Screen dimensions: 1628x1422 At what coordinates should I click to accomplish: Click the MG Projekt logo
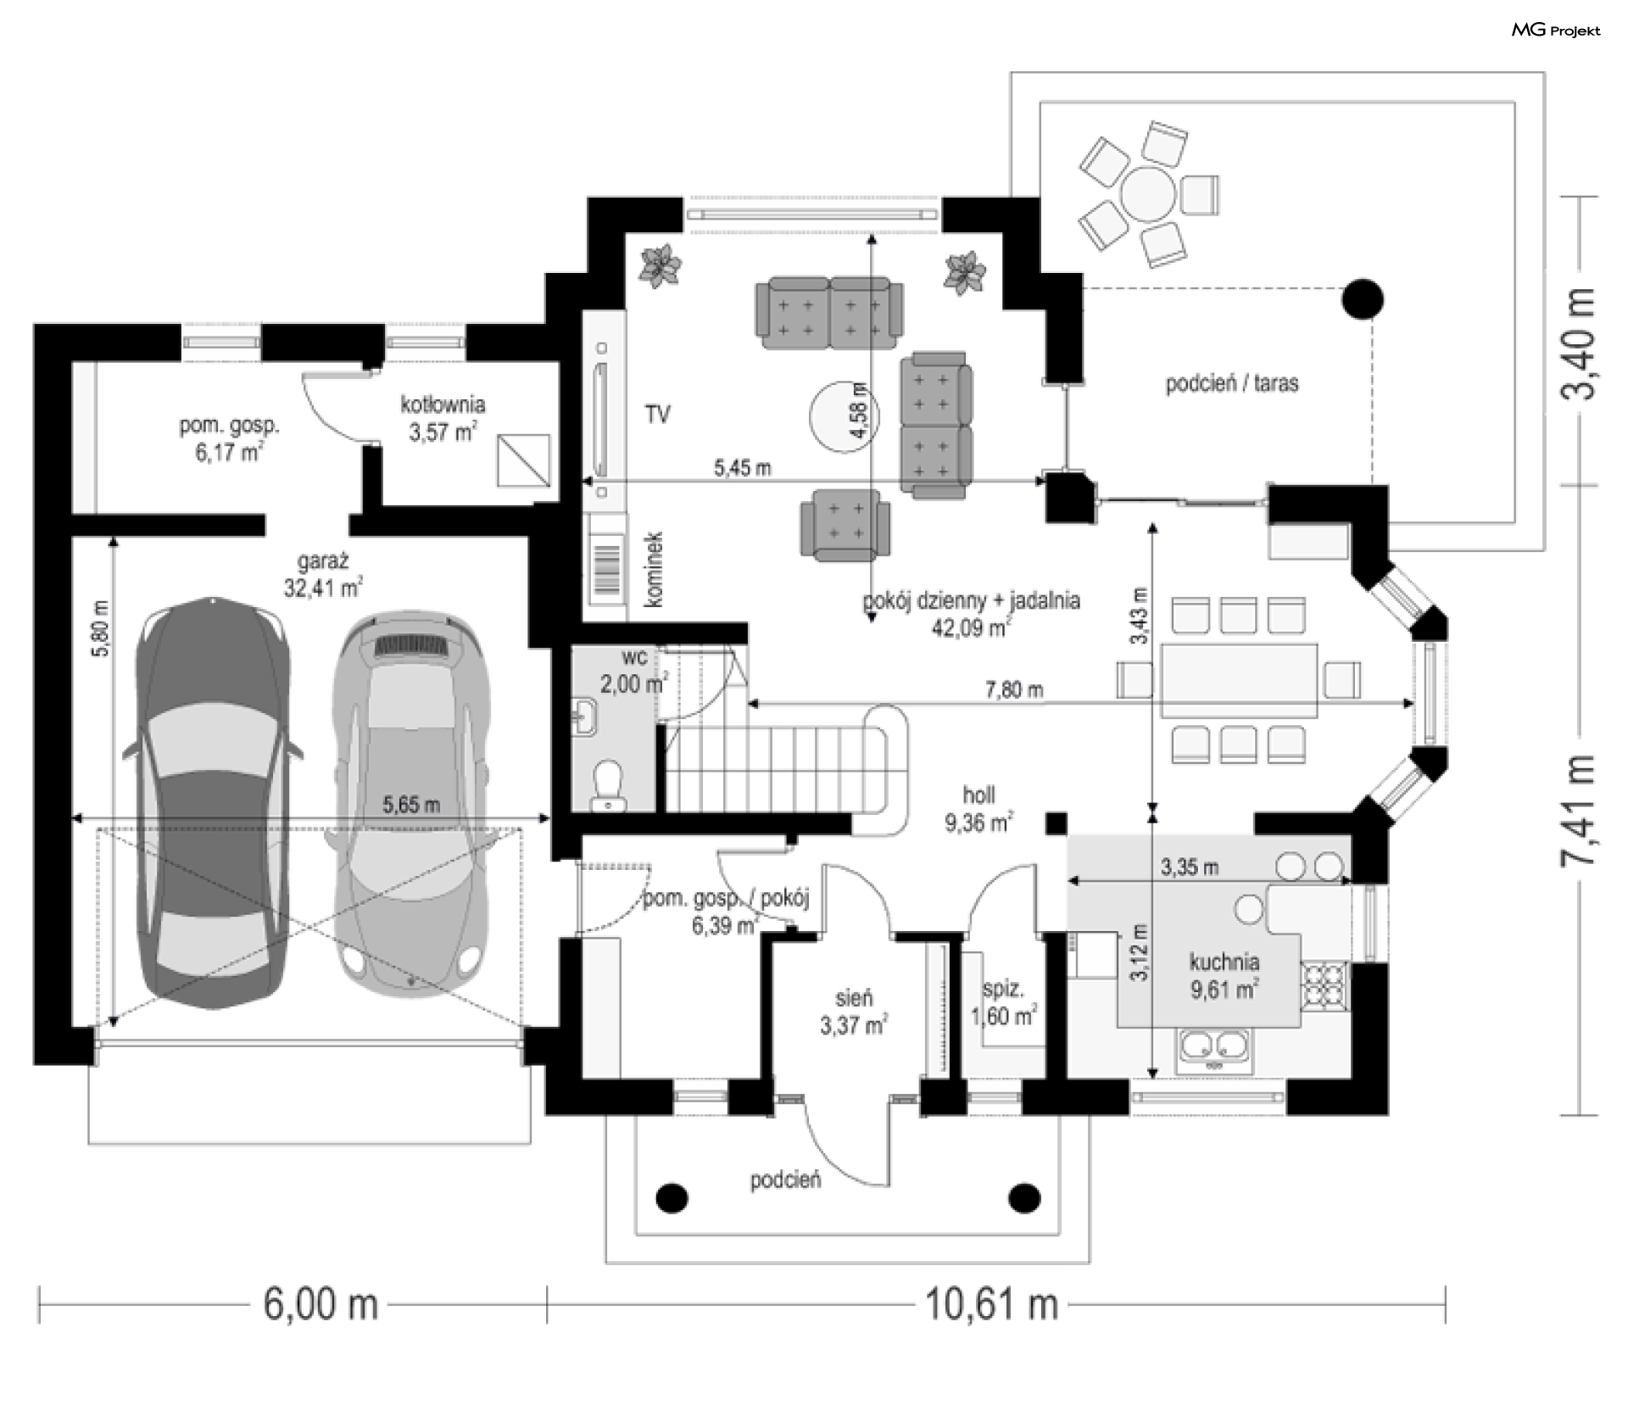click(x=1556, y=31)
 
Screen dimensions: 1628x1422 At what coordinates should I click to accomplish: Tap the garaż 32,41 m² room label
click(x=323, y=573)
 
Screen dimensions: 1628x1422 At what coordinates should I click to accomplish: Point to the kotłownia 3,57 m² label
click(x=443, y=417)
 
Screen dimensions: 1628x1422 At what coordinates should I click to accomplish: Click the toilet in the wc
click(x=607, y=783)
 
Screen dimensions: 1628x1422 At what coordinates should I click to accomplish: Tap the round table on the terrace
click(x=1148, y=194)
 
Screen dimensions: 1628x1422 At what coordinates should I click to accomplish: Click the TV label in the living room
click(x=657, y=415)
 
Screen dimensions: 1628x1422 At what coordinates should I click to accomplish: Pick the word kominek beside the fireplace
click(x=653, y=569)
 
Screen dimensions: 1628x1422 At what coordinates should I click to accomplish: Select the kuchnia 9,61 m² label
click(x=1224, y=975)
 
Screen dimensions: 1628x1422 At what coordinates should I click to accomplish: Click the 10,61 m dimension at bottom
click(x=991, y=1303)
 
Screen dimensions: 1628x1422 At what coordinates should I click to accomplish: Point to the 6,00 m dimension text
click(x=321, y=1303)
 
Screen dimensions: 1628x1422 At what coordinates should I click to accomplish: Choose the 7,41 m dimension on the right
click(x=1577, y=810)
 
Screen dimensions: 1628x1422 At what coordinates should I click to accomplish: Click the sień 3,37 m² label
click(x=853, y=1012)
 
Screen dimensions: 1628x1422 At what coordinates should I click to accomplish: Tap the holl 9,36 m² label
click(x=979, y=809)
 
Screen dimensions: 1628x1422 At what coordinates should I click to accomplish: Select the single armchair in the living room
click(x=845, y=525)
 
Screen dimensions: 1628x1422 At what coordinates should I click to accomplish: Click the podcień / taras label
click(x=1232, y=383)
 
